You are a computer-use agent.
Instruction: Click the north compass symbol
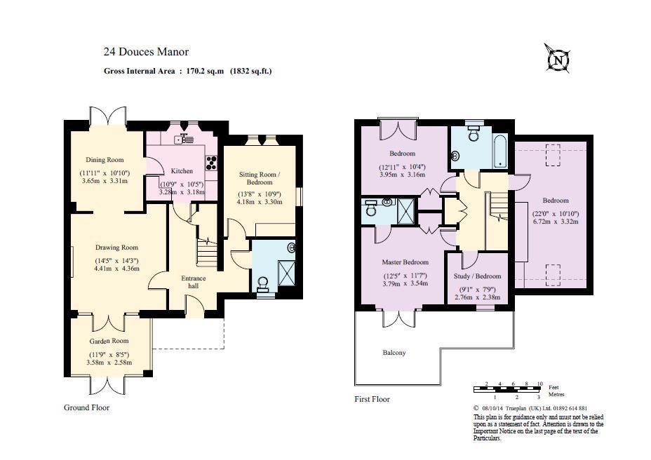click(x=557, y=59)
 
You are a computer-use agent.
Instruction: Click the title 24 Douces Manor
click(x=146, y=52)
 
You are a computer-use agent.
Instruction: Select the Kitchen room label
click(x=182, y=171)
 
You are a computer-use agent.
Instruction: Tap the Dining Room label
click(x=105, y=160)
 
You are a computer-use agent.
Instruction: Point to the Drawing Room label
click(x=116, y=248)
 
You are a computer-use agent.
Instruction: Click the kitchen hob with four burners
click(x=210, y=163)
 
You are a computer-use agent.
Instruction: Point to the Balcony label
click(x=394, y=353)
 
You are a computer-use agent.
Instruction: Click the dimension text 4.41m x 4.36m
click(x=117, y=269)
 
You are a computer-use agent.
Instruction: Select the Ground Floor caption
click(x=86, y=407)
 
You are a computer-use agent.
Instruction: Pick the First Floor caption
click(x=372, y=400)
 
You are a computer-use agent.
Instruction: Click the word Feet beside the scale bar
click(x=553, y=388)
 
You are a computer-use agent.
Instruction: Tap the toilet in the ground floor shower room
click(x=264, y=283)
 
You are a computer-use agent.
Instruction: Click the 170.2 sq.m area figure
click(x=205, y=71)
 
